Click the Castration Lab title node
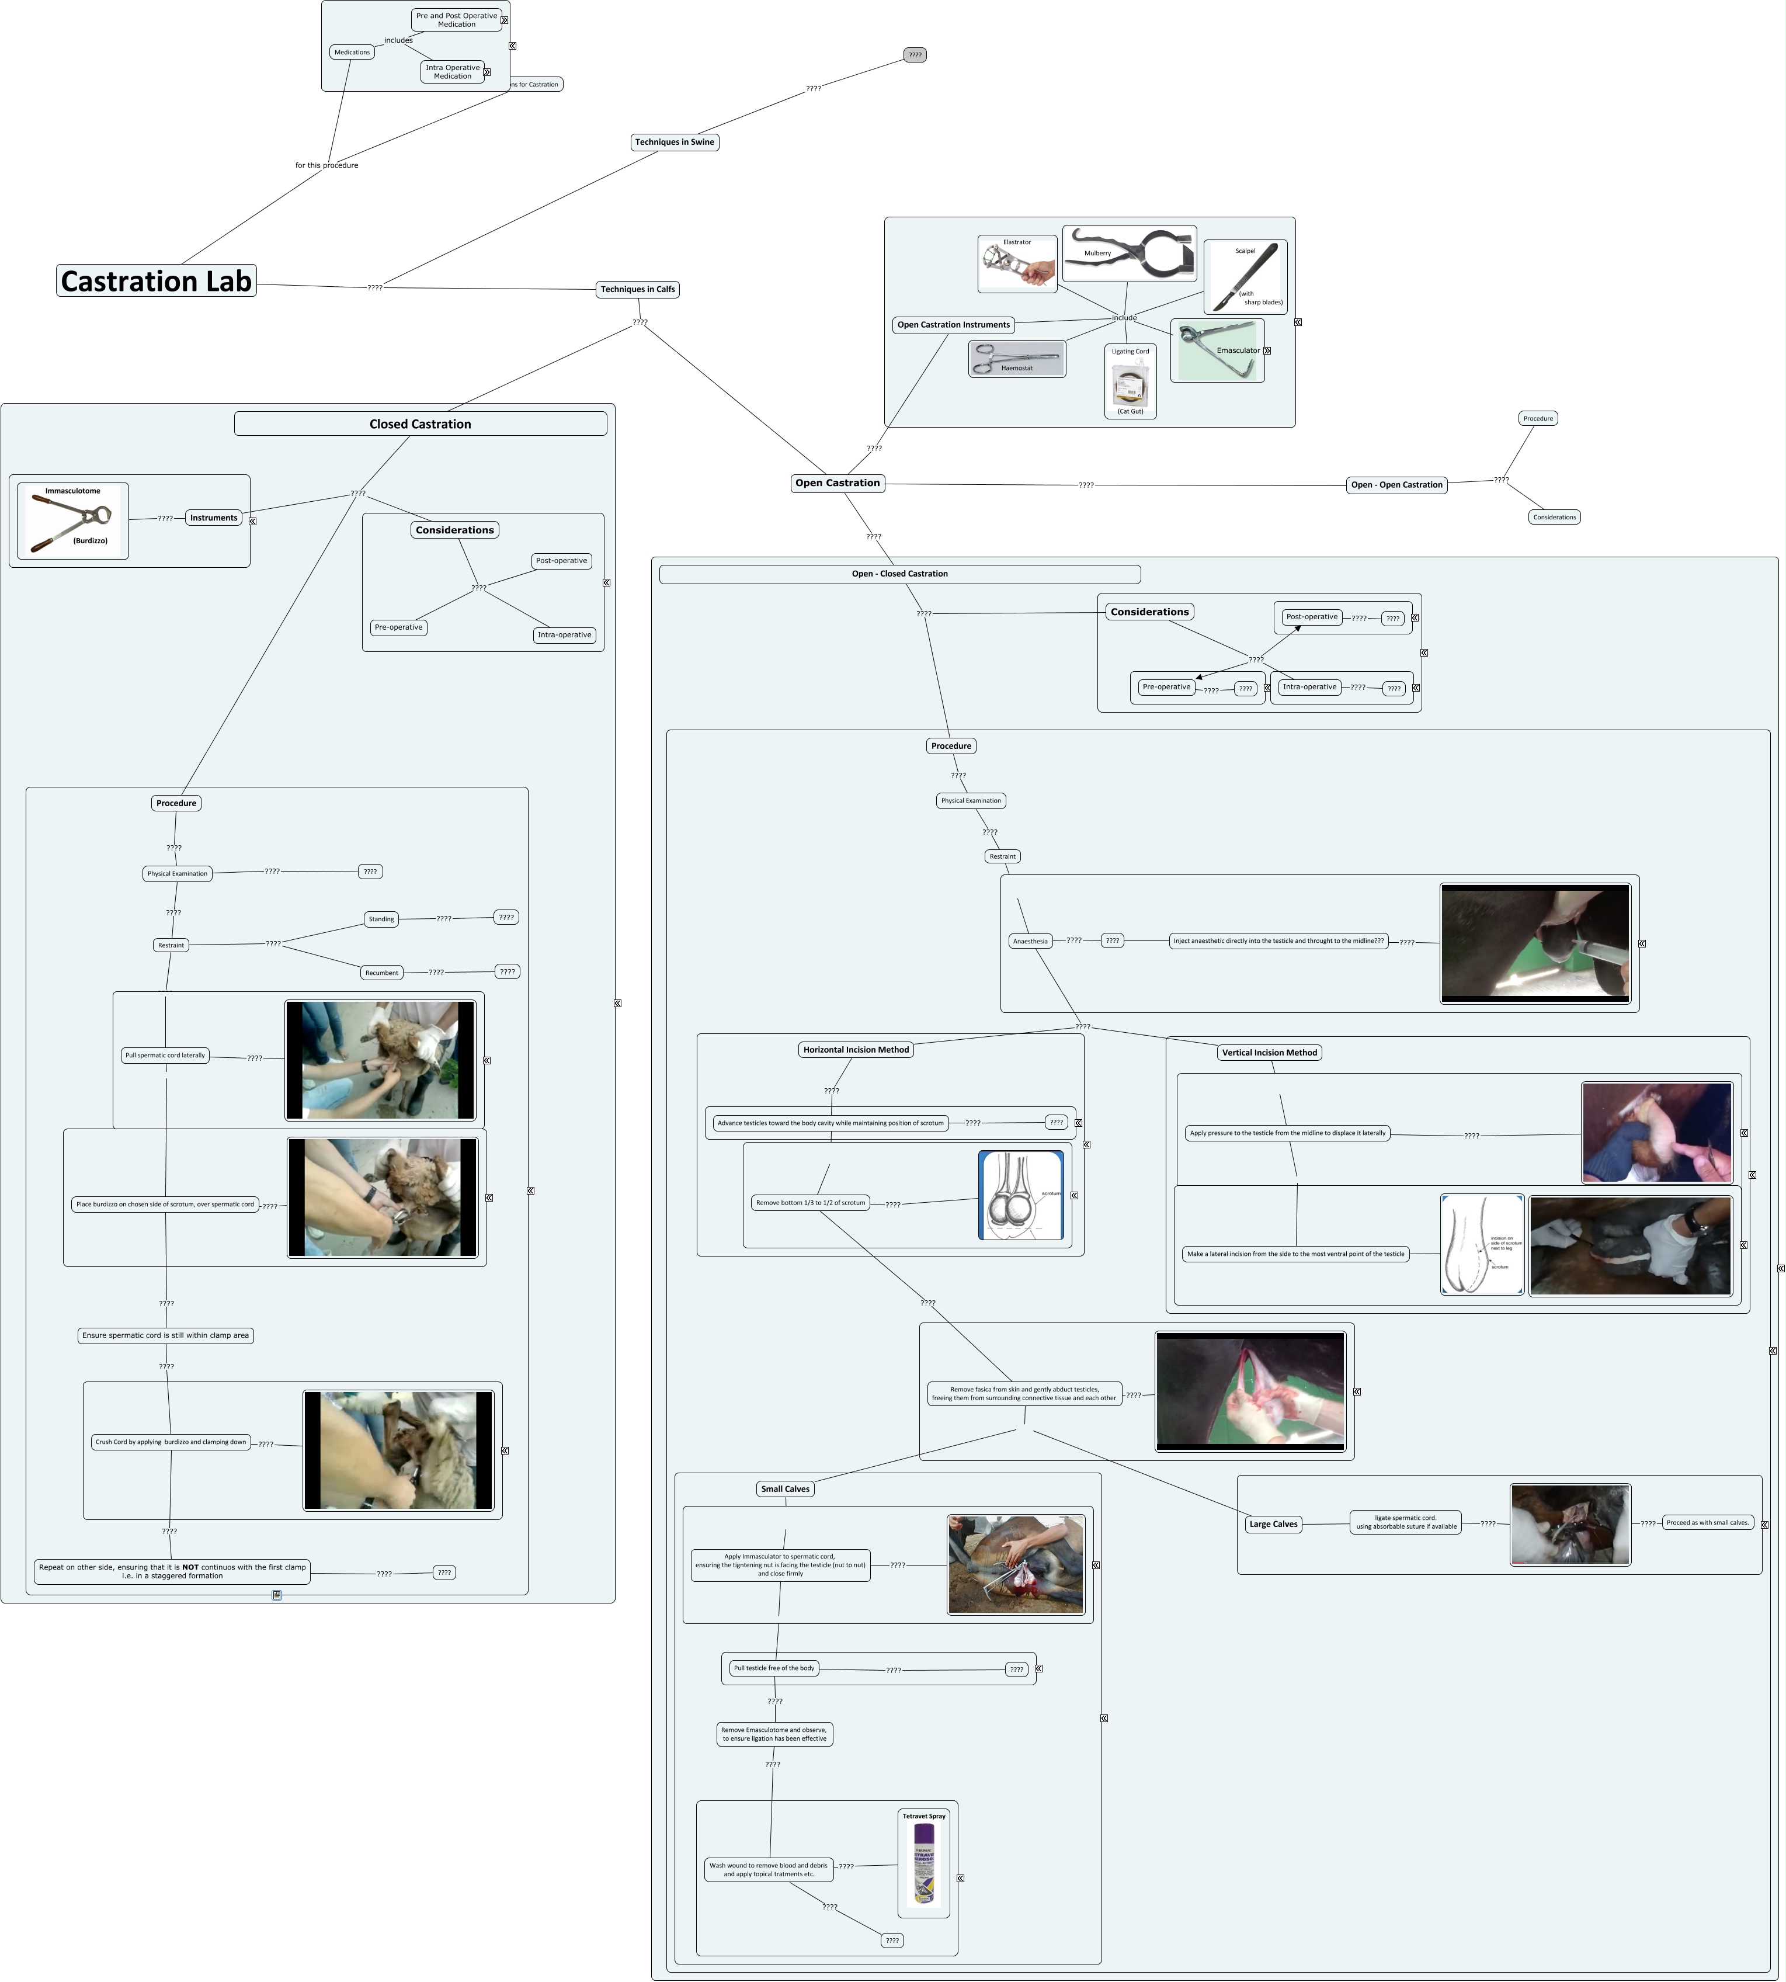click(x=156, y=281)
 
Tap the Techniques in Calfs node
click(x=638, y=290)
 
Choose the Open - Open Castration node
click(x=1396, y=485)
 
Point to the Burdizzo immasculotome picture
click(x=72, y=521)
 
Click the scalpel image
click(x=1245, y=278)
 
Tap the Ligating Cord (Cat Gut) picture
click(x=1131, y=383)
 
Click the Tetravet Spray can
click(x=923, y=1863)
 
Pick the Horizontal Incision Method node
click(x=856, y=1049)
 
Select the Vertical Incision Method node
click(x=1269, y=1053)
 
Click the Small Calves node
click(x=785, y=1489)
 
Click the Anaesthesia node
click(x=1030, y=942)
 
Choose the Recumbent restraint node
click(x=382, y=973)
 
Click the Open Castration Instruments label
click(x=953, y=325)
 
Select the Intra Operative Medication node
click(x=453, y=72)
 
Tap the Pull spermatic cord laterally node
click(x=165, y=1056)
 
